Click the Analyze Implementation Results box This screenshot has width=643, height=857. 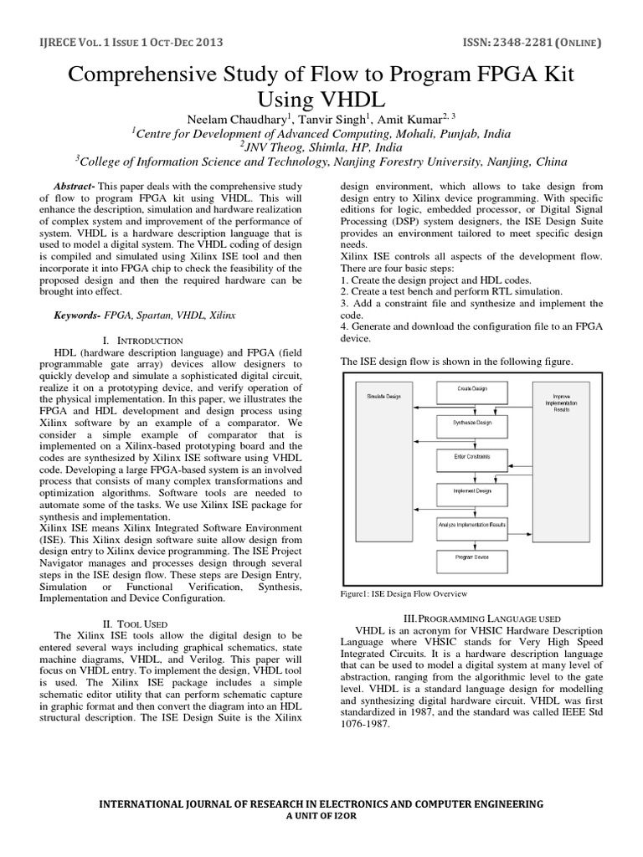(471, 524)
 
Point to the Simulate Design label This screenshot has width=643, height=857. (381, 394)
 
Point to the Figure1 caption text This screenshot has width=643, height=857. (403, 593)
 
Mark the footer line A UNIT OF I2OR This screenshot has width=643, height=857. (321, 816)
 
